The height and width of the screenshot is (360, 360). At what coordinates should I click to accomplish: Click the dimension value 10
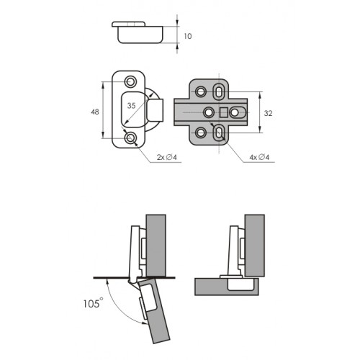(188, 36)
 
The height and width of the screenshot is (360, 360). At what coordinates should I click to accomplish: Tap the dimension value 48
(95, 112)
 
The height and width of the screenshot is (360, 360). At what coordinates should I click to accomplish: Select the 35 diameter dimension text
(131, 106)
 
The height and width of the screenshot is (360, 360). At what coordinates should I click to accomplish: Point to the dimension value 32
(268, 113)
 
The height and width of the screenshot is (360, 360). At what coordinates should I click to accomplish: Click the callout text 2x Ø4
(167, 158)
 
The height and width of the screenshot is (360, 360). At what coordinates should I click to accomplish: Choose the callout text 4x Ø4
(259, 158)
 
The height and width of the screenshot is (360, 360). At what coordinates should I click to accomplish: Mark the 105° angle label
(94, 303)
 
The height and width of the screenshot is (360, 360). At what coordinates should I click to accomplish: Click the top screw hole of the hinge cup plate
(130, 81)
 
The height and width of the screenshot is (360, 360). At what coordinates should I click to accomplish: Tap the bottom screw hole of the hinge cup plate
(130, 138)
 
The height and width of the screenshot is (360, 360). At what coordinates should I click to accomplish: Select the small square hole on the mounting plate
(224, 112)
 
